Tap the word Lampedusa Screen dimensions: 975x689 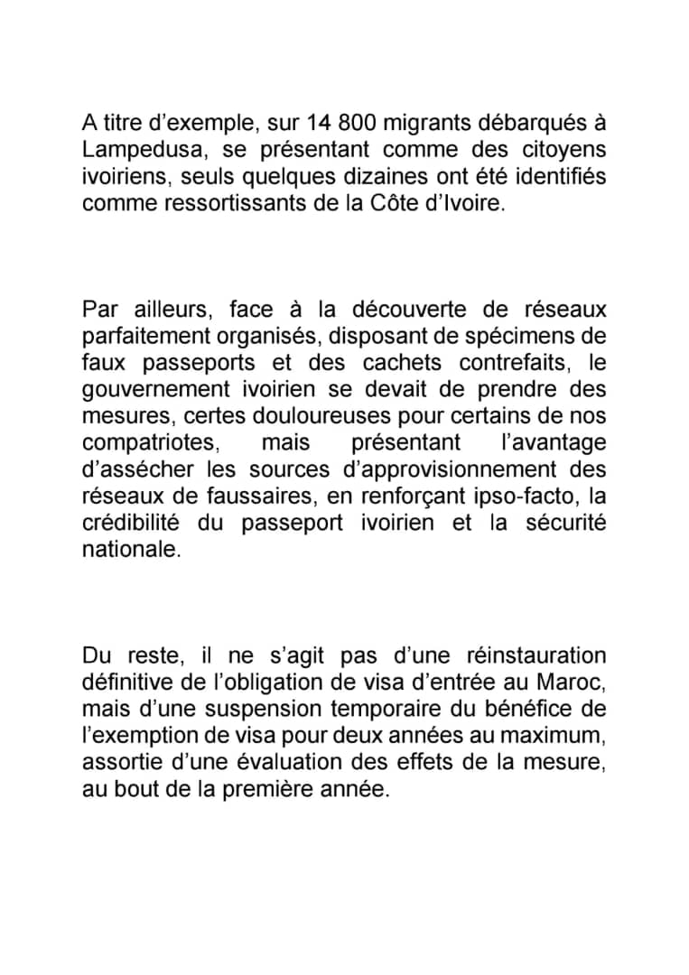click(x=135, y=149)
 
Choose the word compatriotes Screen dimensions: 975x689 click(x=148, y=443)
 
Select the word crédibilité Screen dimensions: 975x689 click(x=131, y=524)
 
